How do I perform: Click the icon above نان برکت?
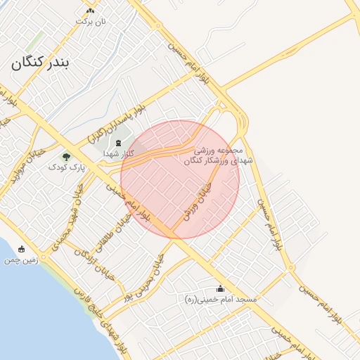90,11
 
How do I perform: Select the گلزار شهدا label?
114,153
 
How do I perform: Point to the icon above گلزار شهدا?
118,143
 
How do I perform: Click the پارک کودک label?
66,167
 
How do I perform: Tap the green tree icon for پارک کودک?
67,157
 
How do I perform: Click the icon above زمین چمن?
21,249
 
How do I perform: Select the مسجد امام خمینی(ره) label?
218,300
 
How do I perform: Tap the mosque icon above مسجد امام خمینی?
221,288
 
